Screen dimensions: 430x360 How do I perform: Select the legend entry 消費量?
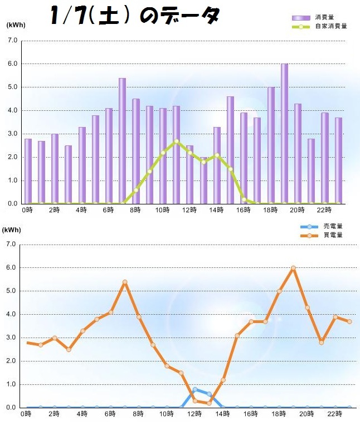click(323, 18)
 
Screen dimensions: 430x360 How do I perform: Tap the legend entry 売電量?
click(332, 226)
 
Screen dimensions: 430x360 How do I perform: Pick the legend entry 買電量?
click(332, 235)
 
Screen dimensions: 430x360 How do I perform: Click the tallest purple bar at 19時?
click(284, 134)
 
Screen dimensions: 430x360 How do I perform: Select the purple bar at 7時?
click(122, 141)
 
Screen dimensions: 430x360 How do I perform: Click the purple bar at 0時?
click(28, 171)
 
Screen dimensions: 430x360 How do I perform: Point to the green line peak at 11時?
click(176, 141)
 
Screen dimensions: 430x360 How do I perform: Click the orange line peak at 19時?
click(293, 268)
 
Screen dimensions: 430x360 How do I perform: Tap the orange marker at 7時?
click(125, 282)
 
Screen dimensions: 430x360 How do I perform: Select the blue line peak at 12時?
click(195, 389)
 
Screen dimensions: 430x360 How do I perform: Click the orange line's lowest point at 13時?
click(209, 403)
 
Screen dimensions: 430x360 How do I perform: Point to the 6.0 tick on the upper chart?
click(12, 64)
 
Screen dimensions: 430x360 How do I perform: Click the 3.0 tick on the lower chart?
click(10, 338)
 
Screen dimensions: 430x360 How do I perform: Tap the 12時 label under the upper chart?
click(189, 210)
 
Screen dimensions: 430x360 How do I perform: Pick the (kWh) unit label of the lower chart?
click(12, 229)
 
